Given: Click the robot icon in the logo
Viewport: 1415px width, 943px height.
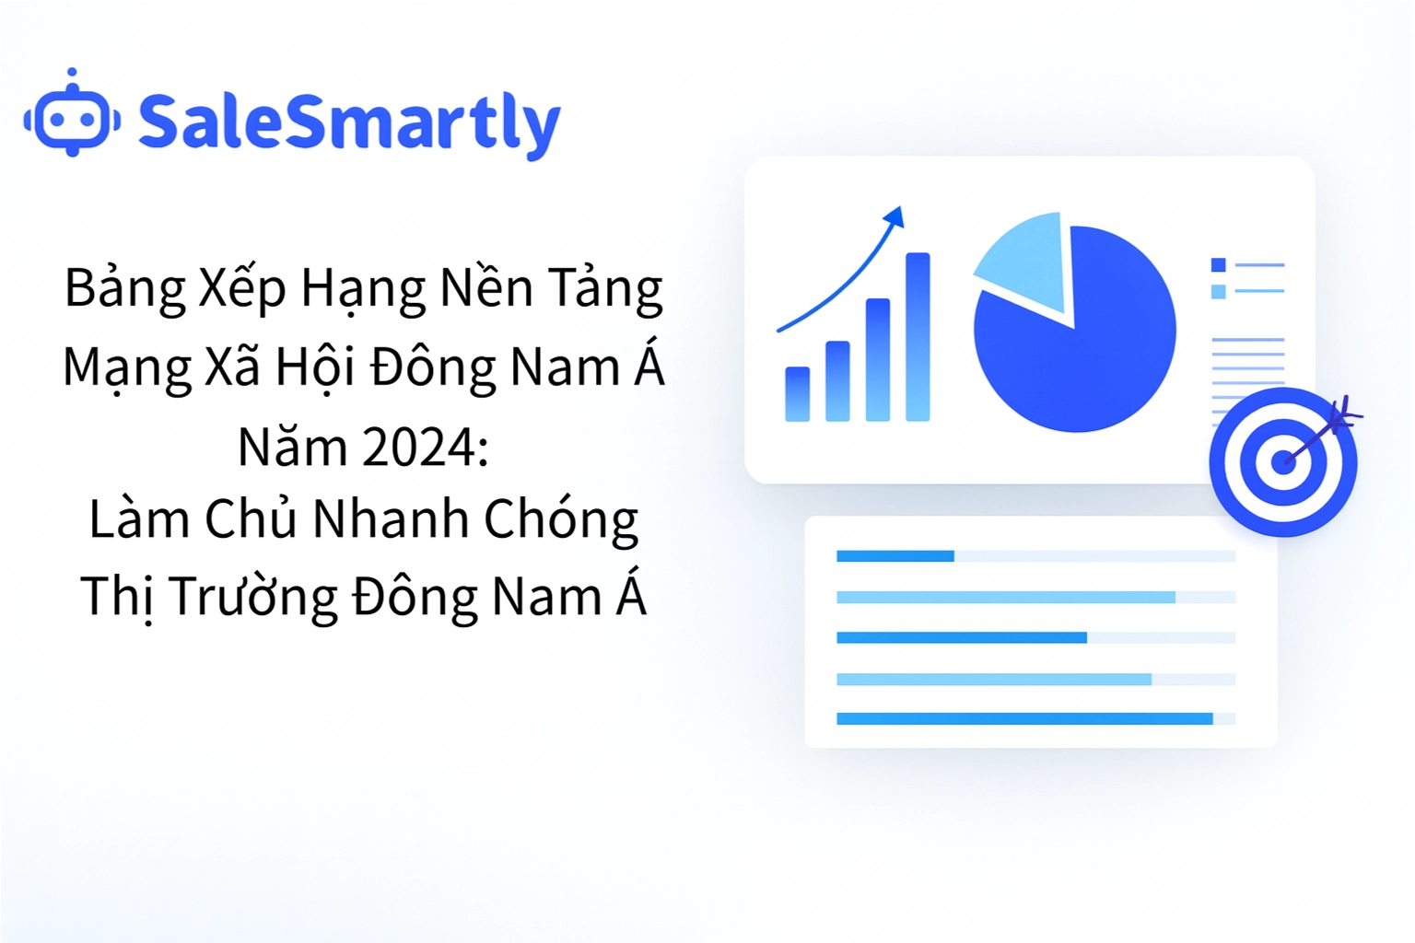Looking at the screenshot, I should point(72,117).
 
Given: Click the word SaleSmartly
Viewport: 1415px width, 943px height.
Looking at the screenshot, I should point(348,122).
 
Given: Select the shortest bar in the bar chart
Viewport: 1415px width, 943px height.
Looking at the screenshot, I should point(797,393).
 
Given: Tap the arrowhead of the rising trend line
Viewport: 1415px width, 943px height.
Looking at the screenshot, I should point(895,217).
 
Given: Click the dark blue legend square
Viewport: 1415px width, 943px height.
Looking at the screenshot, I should point(1218,265).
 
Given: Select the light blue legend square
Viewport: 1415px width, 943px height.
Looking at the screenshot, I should point(1218,292).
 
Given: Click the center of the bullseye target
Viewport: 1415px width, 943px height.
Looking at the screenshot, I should point(1282,461).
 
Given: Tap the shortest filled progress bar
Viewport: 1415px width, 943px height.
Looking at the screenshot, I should point(895,556).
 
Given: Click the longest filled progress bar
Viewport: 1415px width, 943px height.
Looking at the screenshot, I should point(1023,719).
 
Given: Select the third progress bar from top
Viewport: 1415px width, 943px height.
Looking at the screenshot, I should point(961,638).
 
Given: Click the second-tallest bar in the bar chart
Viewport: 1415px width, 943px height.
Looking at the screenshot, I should point(878,359).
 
